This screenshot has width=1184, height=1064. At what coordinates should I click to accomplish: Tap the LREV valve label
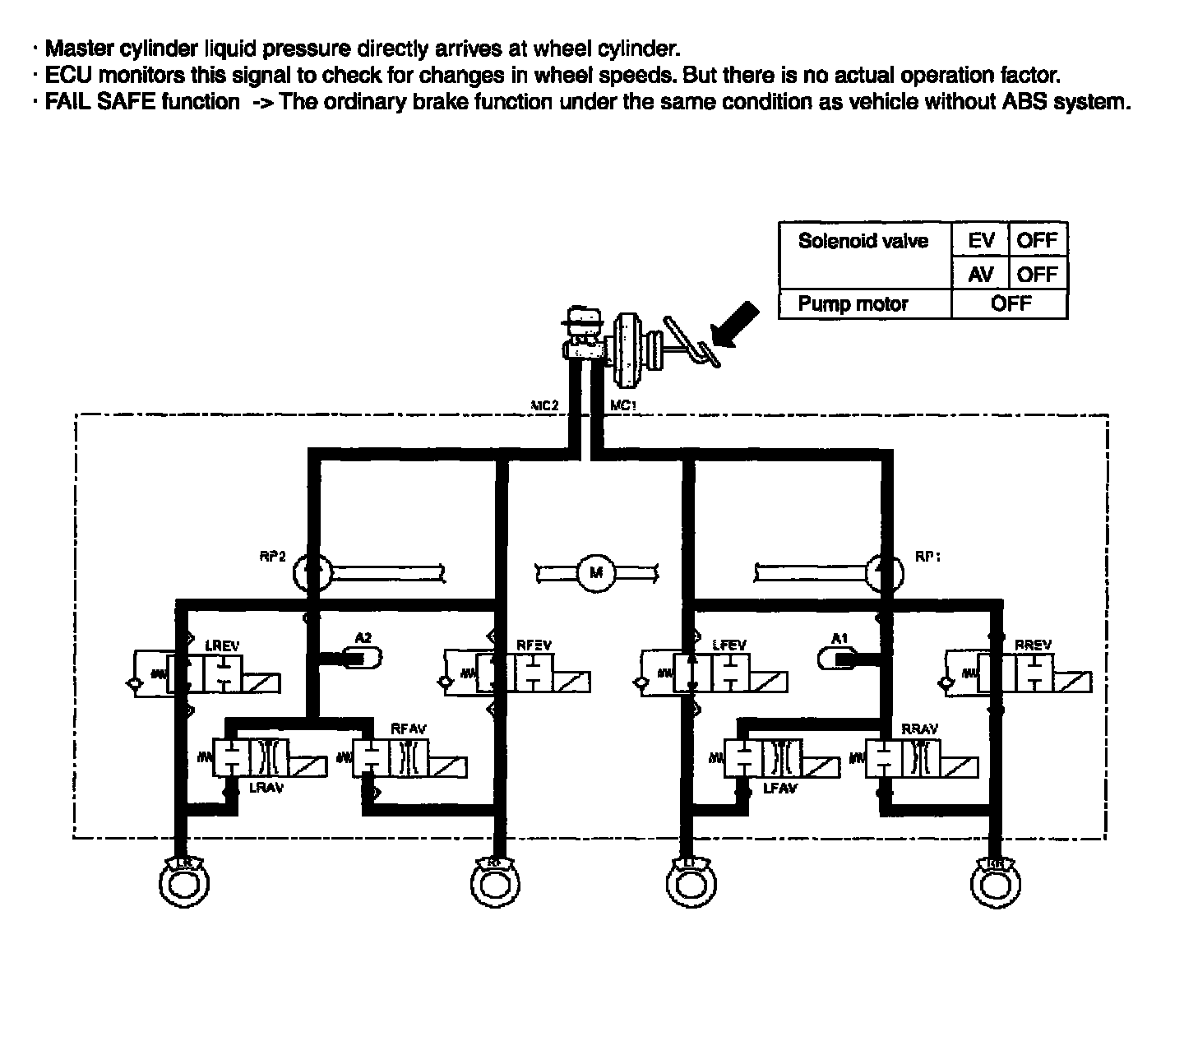[x=221, y=646]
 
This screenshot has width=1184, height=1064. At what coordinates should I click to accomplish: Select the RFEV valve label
[x=534, y=645]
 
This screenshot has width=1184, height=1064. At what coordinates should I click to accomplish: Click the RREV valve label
[x=1034, y=646]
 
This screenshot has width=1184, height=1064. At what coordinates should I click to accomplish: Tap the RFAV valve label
[x=409, y=729]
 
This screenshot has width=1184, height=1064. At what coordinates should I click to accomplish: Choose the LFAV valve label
[x=780, y=789]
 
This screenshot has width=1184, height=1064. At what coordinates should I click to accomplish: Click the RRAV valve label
[x=919, y=729]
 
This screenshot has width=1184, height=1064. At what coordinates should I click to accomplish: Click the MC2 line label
[x=544, y=405]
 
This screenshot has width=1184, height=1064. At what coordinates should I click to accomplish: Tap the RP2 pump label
[x=272, y=557]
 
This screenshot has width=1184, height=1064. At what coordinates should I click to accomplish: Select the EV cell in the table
[x=980, y=241]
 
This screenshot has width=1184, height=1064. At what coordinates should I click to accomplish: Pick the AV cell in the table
[x=980, y=274]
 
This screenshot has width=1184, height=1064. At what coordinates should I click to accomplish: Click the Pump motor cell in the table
[x=853, y=304]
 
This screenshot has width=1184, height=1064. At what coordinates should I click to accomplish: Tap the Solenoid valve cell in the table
[x=863, y=241]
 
